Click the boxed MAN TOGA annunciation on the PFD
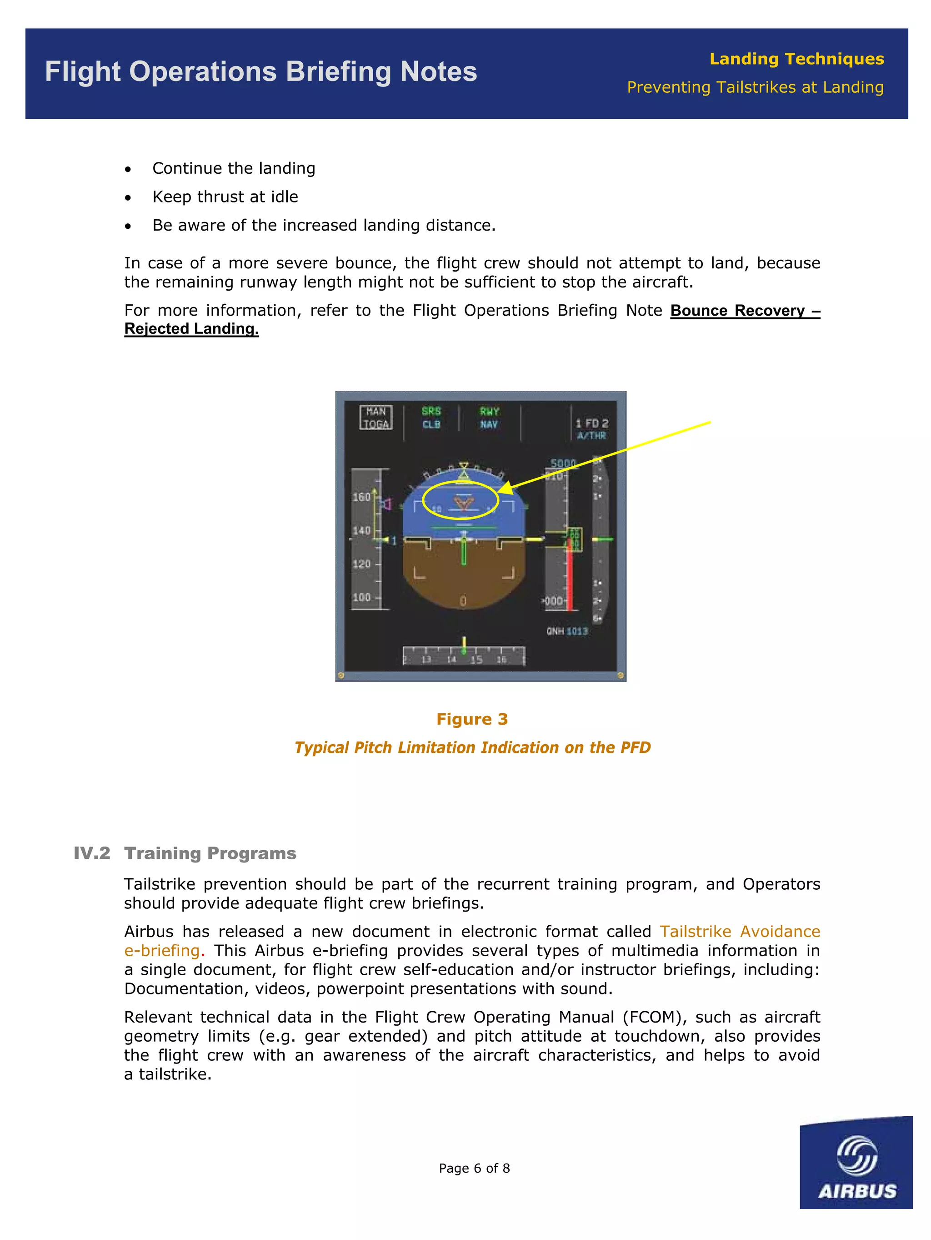pos(375,418)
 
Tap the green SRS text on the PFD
pos(431,411)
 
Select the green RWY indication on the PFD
pos(489,411)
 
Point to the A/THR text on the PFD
pos(591,436)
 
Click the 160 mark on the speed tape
pos(361,497)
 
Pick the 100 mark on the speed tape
pos(361,598)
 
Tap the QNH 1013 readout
pos(567,631)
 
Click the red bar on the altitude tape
pos(570,577)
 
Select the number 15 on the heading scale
pos(476,660)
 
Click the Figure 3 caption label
pos(472,719)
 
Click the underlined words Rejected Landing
pos(191,329)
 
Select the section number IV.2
pos(92,853)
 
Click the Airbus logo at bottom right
pos(856,1163)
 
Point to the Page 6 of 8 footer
pos(474,1168)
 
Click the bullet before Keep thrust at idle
pos(128,198)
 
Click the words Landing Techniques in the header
pos(796,59)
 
